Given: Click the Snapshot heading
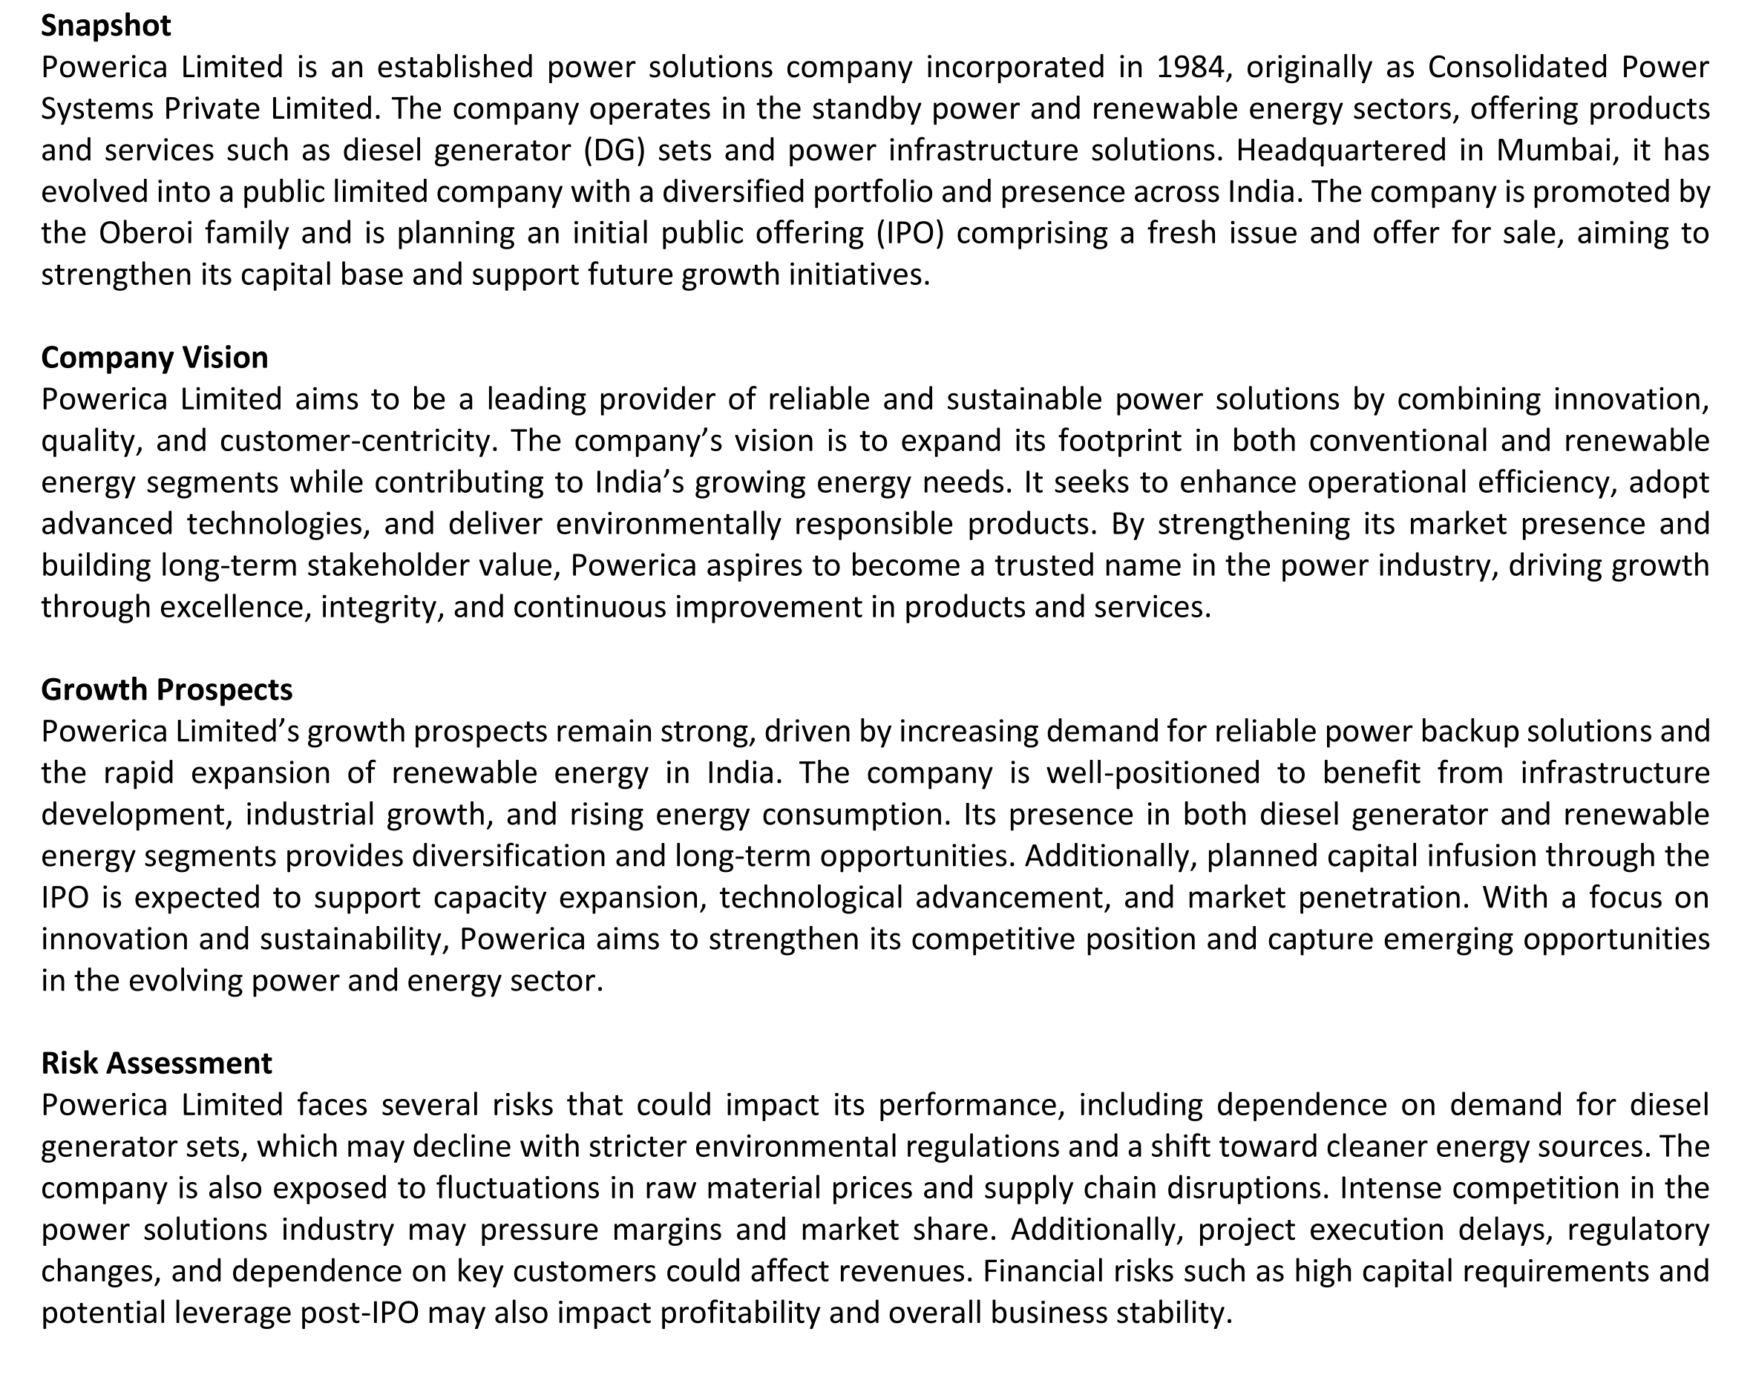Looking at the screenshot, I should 105,26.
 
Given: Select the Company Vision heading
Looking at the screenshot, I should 154,358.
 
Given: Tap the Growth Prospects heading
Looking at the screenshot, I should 167,689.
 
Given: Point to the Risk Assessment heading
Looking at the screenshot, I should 157,1063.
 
